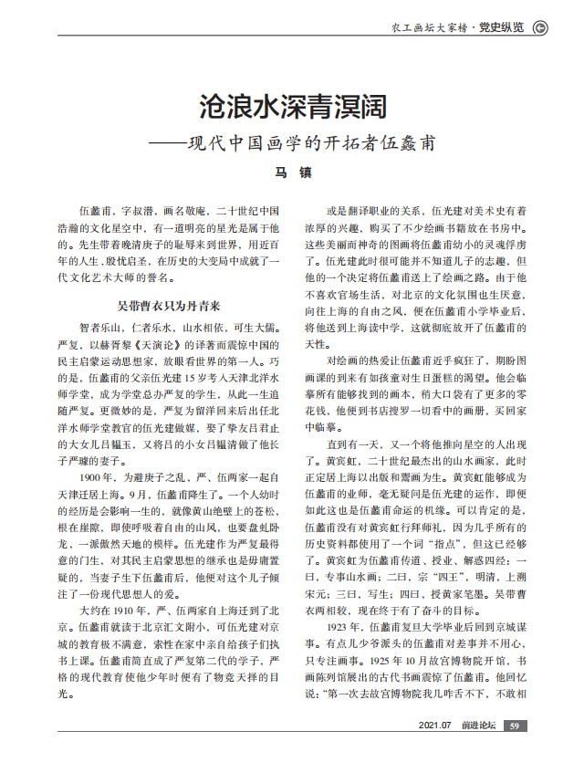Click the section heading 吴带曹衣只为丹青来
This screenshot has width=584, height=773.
[172, 309]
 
